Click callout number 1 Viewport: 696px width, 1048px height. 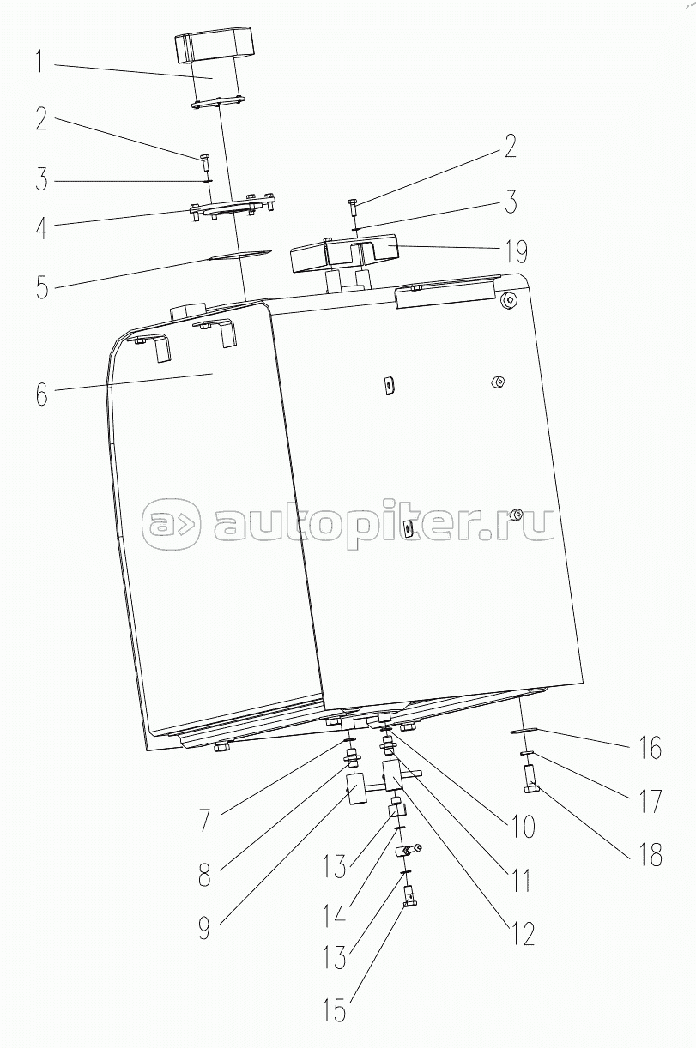[39, 63]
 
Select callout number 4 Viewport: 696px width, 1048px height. [41, 228]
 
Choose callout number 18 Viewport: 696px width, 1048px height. [650, 854]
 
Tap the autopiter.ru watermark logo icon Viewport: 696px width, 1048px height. [171, 522]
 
